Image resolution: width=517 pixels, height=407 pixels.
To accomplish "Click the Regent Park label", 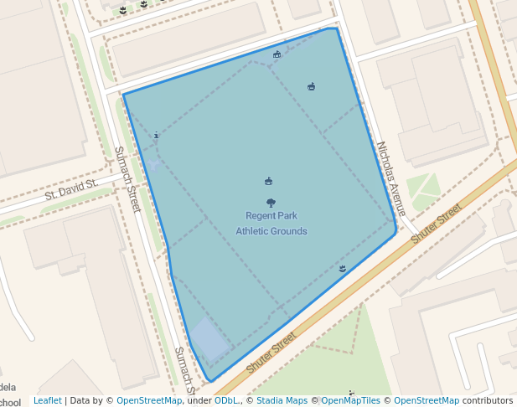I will [271, 216].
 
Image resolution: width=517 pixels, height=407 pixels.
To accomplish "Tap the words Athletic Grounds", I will [271, 231].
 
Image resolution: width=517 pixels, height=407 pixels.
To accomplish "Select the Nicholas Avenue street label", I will [391, 178].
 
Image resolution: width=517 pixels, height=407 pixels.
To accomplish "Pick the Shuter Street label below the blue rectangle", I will [271, 352].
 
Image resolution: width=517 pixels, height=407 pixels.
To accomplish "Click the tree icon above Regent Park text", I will [271, 203].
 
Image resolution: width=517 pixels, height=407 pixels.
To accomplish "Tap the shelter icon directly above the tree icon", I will [268, 181].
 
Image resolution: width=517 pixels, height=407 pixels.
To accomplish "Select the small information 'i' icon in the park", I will [156, 135].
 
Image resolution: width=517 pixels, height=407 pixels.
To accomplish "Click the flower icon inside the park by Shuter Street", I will [343, 268].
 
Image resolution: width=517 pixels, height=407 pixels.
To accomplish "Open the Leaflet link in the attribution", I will [47, 400].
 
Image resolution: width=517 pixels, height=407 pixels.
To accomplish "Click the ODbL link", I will [226, 400].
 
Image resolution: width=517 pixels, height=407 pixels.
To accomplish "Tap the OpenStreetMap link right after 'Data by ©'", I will [149, 400].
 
